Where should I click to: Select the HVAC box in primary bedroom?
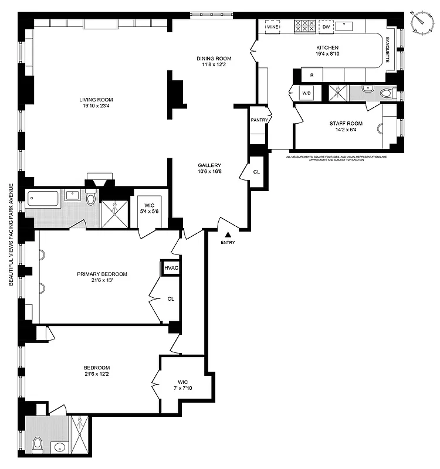tap(171, 268)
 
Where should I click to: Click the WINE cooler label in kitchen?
tap(272, 27)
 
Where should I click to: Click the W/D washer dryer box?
tap(306, 93)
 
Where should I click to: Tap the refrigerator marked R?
tap(312, 76)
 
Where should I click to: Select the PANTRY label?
tap(259, 120)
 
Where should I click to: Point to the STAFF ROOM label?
tap(346, 124)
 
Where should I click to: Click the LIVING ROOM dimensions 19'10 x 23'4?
tap(96, 106)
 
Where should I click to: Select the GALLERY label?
tap(209, 165)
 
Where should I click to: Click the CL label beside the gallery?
tap(256, 173)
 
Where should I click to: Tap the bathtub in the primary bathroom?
tap(43, 199)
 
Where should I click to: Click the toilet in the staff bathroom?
tap(388, 93)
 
